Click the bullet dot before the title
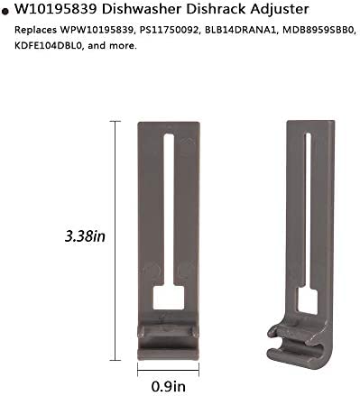click(x=6, y=12)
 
